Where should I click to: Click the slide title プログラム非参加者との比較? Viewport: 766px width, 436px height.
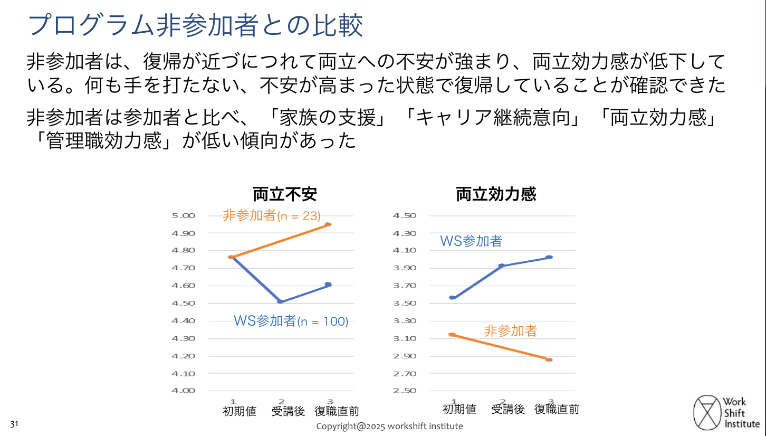point(196,25)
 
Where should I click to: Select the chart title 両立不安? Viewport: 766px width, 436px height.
point(285,195)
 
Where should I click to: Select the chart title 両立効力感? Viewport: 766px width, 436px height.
point(496,195)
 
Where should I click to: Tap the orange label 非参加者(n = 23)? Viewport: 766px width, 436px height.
point(272,215)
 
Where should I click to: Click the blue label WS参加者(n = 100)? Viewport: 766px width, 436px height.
point(291,321)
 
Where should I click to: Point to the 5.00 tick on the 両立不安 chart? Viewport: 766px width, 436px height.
point(183,215)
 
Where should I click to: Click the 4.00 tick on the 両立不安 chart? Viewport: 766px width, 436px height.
point(183,391)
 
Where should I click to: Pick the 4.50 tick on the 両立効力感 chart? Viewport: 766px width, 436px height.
point(405,215)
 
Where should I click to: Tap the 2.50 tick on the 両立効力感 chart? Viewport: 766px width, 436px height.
point(405,391)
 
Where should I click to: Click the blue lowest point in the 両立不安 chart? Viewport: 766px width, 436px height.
point(280,301)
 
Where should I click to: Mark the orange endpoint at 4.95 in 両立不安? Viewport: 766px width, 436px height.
point(328,224)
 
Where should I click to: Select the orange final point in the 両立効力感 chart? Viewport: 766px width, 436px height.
point(549,359)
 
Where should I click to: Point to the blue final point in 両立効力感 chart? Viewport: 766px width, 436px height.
point(549,257)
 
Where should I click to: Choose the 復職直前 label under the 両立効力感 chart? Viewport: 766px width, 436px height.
point(557,409)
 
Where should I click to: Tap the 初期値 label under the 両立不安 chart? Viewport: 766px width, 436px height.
point(240,411)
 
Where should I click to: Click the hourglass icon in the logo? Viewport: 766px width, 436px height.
point(707,413)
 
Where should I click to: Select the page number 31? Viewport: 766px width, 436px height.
point(15,424)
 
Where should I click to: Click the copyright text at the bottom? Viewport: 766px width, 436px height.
point(389,426)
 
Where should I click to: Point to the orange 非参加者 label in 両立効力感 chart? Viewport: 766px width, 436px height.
point(510,331)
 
